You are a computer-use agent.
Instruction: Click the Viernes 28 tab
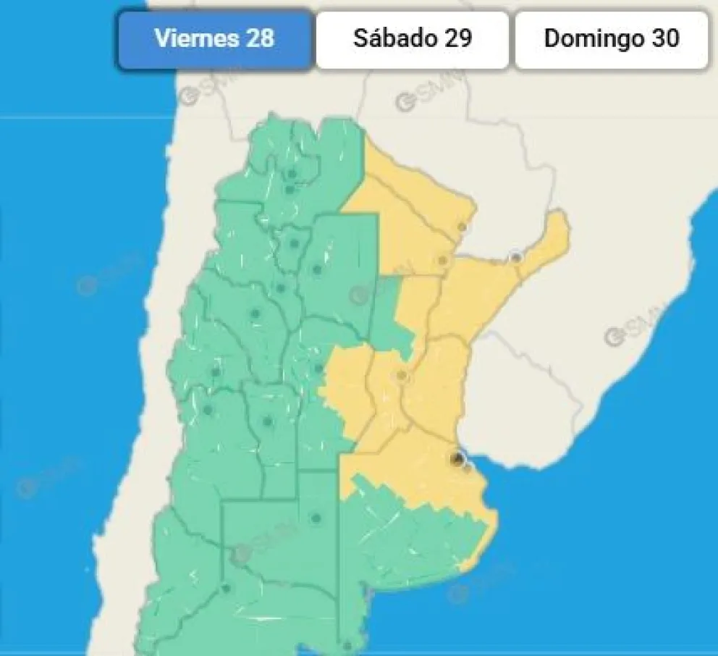pyautogui.click(x=215, y=39)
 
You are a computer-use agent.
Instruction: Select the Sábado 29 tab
pyautogui.click(x=412, y=39)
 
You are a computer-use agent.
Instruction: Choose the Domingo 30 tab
pyautogui.click(x=611, y=39)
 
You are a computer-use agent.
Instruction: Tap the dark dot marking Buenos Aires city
pyautogui.click(x=457, y=458)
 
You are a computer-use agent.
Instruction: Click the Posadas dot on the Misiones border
pyautogui.click(x=515, y=257)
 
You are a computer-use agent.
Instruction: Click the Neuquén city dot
pyautogui.click(x=227, y=588)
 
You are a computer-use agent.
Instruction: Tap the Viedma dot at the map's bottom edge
pyautogui.click(x=347, y=646)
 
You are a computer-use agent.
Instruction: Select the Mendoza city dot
pyautogui.click(x=208, y=410)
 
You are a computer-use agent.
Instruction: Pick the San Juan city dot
pyautogui.click(x=215, y=372)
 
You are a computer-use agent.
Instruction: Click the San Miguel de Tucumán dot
pyautogui.click(x=294, y=243)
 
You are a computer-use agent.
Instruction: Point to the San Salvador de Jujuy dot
pyautogui.click(x=292, y=174)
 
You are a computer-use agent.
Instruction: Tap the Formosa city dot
pyautogui.click(x=462, y=227)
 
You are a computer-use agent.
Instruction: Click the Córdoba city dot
pyautogui.click(x=318, y=369)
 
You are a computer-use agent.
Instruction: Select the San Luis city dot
pyautogui.click(x=267, y=421)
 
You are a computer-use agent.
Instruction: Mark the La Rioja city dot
pyautogui.click(x=255, y=314)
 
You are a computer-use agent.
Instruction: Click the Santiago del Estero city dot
pyautogui.click(x=316, y=269)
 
